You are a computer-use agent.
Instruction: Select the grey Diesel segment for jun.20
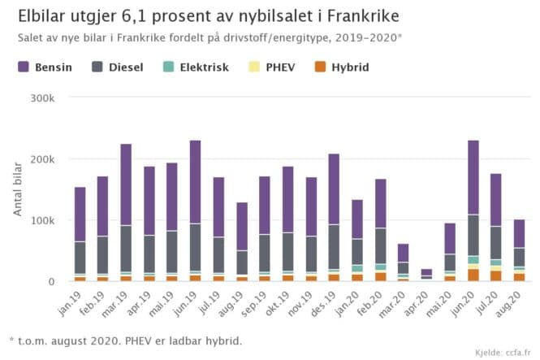473,235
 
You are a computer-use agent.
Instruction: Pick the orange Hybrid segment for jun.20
473,275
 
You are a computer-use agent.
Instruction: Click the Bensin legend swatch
24,67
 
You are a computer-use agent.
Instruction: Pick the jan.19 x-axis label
77,300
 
